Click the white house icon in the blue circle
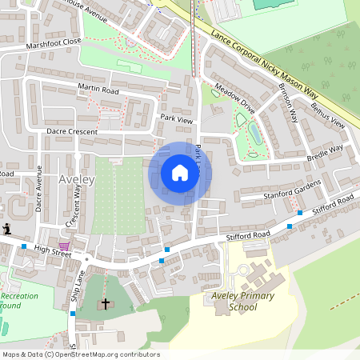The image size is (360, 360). (180, 173)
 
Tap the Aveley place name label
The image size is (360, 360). (77, 179)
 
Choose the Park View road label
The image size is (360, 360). (177, 118)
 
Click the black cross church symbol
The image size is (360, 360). (105, 304)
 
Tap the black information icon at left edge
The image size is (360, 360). (6, 230)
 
